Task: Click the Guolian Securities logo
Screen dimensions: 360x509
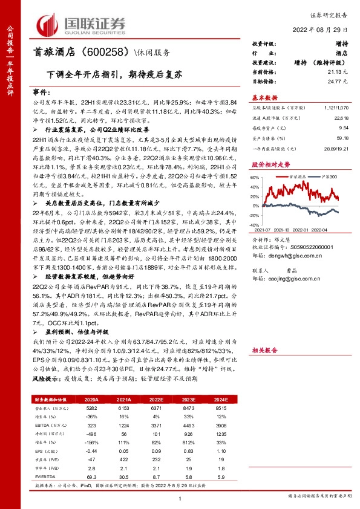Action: pyautogui.click(x=81, y=24)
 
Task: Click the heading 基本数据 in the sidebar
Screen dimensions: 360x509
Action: pyautogui.click(x=264, y=97)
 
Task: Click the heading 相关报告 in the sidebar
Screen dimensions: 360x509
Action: pyautogui.click(x=264, y=350)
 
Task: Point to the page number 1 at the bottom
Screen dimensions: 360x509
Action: pyautogui.click(x=180, y=498)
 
